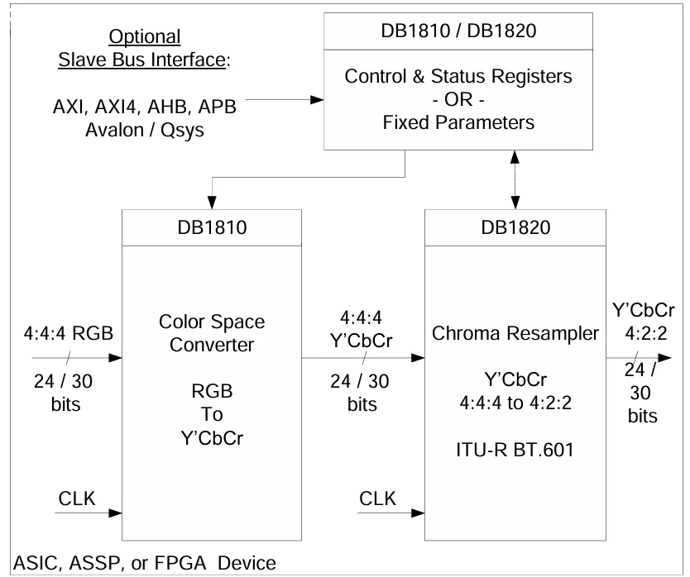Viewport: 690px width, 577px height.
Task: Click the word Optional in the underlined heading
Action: [x=145, y=37]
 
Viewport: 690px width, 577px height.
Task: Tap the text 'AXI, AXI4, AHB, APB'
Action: [x=145, y=107]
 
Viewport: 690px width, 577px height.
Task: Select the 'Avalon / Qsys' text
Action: [x=145, y=130]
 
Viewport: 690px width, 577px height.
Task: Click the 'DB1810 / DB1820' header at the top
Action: [x=458, y=31]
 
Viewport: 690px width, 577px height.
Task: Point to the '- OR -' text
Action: [x=458, y=99]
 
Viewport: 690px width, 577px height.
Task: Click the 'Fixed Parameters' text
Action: [x=458, y=122]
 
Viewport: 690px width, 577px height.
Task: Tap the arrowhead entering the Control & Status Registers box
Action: [x=317, y=100]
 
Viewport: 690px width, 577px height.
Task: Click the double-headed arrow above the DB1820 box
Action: [x=515, y=180]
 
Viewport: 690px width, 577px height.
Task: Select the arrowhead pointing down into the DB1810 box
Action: [x=212, y=203]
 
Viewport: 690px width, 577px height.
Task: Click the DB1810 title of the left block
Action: [x=212, y=228]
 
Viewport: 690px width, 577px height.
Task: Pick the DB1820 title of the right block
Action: [x=515, y=228]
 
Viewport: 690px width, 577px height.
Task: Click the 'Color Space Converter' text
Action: [x=212, y=333]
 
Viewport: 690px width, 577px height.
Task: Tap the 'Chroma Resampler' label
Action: [x=515, y=334]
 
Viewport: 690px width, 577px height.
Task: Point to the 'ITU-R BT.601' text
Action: [x=515, y=450]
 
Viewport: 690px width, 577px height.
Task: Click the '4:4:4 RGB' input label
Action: [x=69, y=333]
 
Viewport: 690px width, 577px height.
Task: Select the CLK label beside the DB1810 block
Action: [x=77, y=498]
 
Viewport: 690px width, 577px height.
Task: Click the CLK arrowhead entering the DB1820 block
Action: [x=418, y=513]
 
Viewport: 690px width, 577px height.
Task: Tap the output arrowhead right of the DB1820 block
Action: [x=664, y=358]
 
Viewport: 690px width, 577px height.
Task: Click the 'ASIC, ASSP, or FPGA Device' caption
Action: [x=145, y=564]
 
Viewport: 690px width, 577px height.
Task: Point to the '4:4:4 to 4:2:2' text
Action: [x=515, y=403]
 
